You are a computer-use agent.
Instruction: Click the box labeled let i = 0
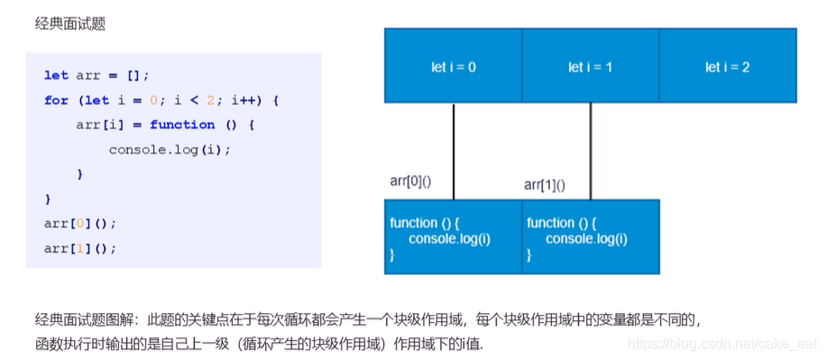[453, 67]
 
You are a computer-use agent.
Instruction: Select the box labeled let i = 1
[590, 67]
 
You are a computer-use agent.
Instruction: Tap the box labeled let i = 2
[727, 67]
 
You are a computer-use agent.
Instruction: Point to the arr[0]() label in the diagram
[410, 181]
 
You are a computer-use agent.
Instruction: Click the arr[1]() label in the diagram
[545, 185]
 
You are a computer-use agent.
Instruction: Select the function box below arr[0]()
[453, 237]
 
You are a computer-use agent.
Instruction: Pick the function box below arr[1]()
[590, 237]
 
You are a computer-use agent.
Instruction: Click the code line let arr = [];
[96, 76]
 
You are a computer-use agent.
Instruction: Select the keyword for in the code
[56, 100]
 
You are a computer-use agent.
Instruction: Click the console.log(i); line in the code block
[170, 150]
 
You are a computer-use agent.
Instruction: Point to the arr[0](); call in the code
[80, 223]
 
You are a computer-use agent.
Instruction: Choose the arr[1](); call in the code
[80, 247]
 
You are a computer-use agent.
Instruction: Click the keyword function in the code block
[182, 125]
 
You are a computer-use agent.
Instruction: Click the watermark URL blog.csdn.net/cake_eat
[721, 345]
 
